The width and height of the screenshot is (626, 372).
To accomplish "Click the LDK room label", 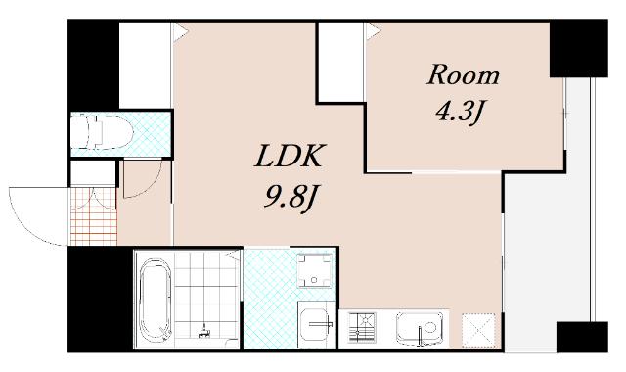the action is pyautogui.click(x=288, y=156).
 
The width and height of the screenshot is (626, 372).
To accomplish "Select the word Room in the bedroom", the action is pyautogui.click(x=463, y=74).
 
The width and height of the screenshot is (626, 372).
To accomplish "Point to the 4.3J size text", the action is pyautogui.click(x=460, y=112).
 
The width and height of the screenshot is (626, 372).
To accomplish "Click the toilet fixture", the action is pyautogui.click(x=103, y=131).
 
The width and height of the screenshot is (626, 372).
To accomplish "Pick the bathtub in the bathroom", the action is pyautogui.click(x=154, y=300).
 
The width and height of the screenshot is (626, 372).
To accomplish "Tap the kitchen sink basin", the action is pyautogui.click(x=420, y=328).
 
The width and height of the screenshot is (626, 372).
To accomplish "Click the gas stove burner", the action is pyautogui.click(x=362, y=327).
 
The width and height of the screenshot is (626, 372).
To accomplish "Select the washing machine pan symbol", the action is pyautogui.click(x=315, y=270).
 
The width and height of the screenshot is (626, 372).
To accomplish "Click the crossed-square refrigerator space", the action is pyautogui.click(x=478, y=330).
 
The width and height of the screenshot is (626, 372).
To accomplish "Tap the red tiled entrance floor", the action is pyautogui.click(x=94, y=215).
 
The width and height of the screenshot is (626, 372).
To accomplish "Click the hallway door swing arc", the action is pyautogui.click(x=153, y=187).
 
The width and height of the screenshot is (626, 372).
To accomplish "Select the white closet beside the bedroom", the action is pyautogui.click(x=341, y=62).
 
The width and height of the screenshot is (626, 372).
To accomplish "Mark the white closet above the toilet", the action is pyautogui.click(x=146, y=65).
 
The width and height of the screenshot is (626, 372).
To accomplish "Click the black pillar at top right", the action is pyautogui.click(x=578, y=48).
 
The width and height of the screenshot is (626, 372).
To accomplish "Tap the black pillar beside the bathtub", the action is pyautogui.click(x=100, y=299).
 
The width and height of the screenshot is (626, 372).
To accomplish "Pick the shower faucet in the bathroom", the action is pyautogui.click(x=205, y=329).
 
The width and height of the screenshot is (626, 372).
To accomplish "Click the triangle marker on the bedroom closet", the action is pyautogui.click(x=373, y=31).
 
